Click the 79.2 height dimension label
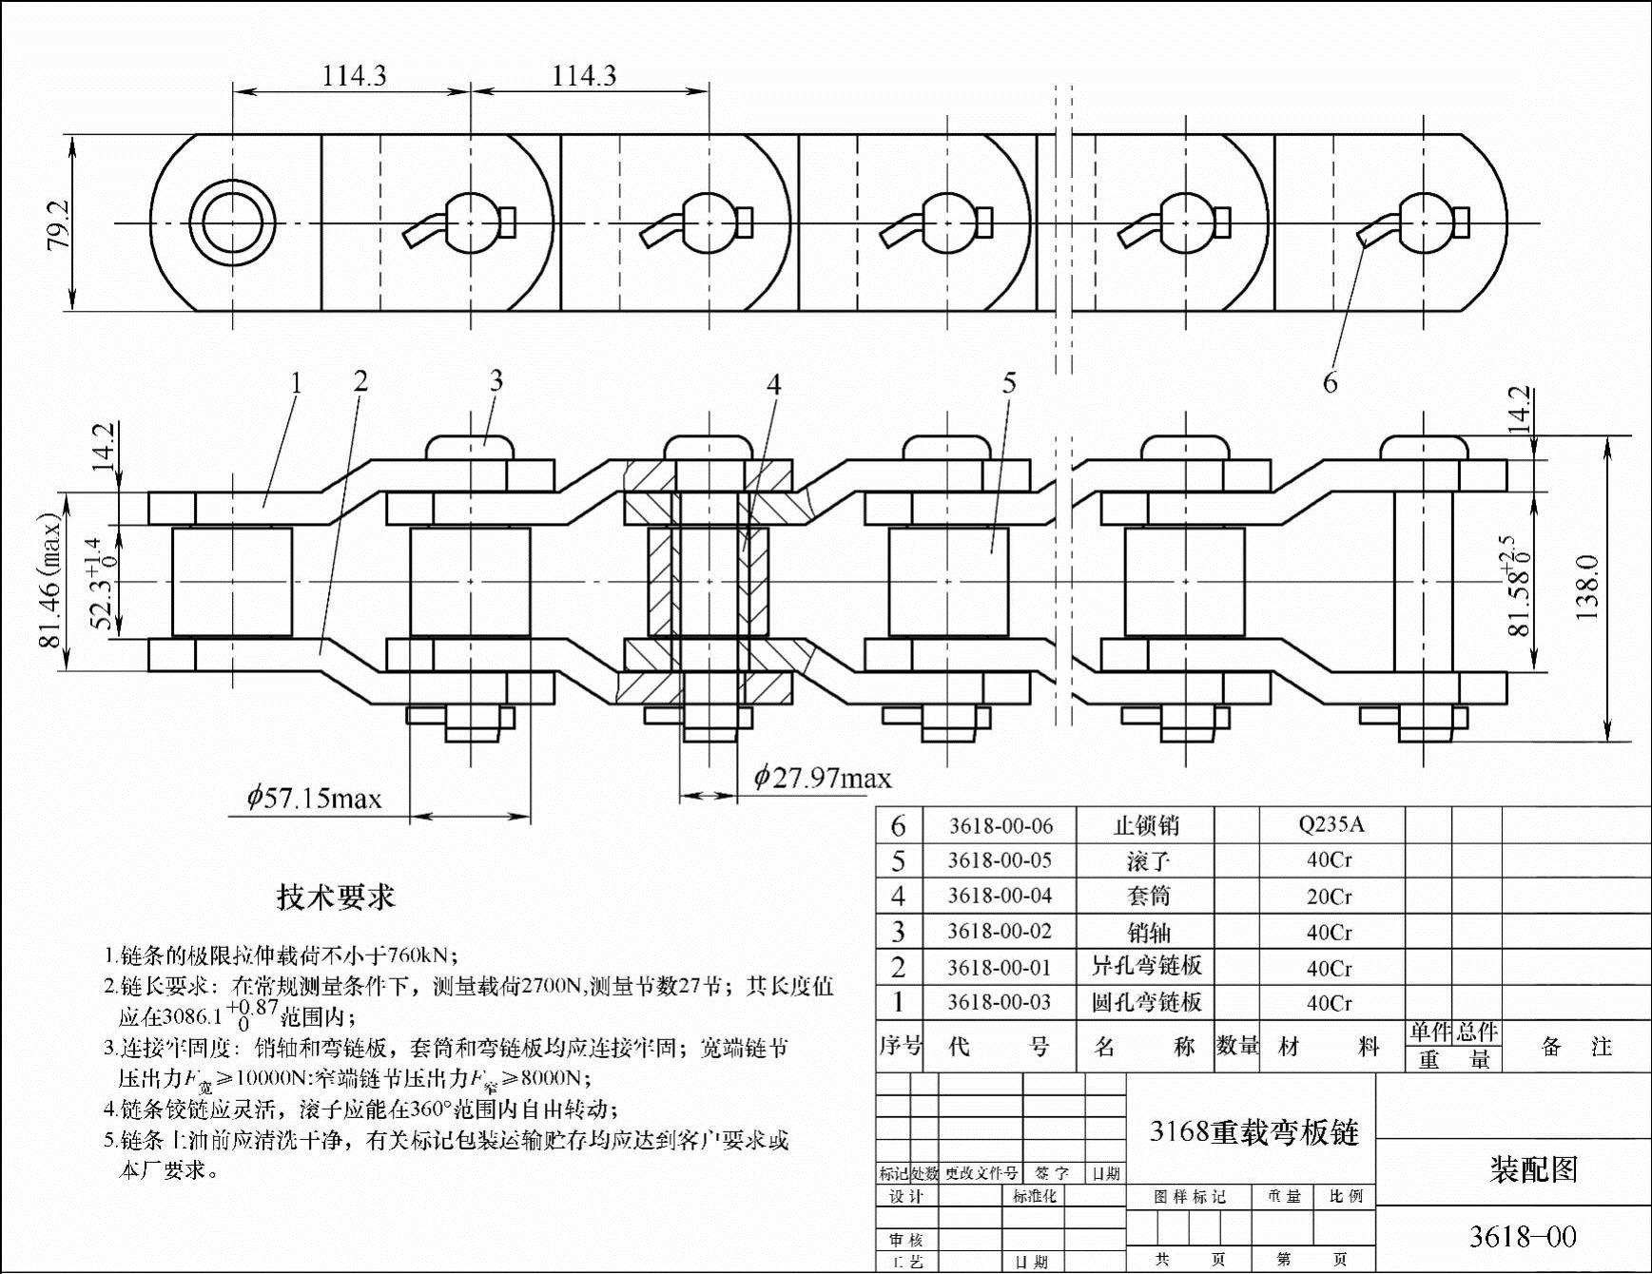click(59, 224)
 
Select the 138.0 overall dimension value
click(1587, 588)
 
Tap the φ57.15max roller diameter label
click(314, 797)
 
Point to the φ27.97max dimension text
click(823, 779)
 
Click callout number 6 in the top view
click(1330, 382)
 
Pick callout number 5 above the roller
click(1009, 383)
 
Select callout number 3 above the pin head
click(496, 381)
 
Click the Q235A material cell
click(1331, 824)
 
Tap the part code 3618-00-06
click(1000, 825)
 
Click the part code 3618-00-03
click(1000, 1003)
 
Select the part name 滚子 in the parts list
click(1147, 861)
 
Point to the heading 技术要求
click(335, 897)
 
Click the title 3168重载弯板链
click(1254, 1131)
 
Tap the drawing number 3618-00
click(1522, 1236)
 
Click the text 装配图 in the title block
click(1533, 1168)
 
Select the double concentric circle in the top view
click(232, 224)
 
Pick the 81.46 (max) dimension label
click(49, 581)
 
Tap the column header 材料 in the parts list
click(1329, 1047)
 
